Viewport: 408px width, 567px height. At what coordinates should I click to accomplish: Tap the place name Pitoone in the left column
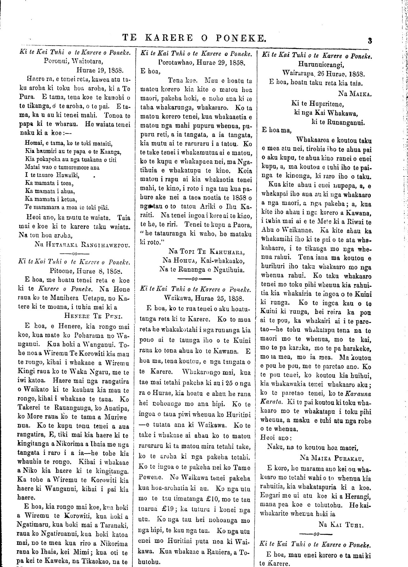click(62, 271)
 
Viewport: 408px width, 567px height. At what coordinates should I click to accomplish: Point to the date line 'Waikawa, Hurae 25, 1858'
click(204, 299)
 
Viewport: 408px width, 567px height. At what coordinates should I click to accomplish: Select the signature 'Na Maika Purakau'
click(331, 458)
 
